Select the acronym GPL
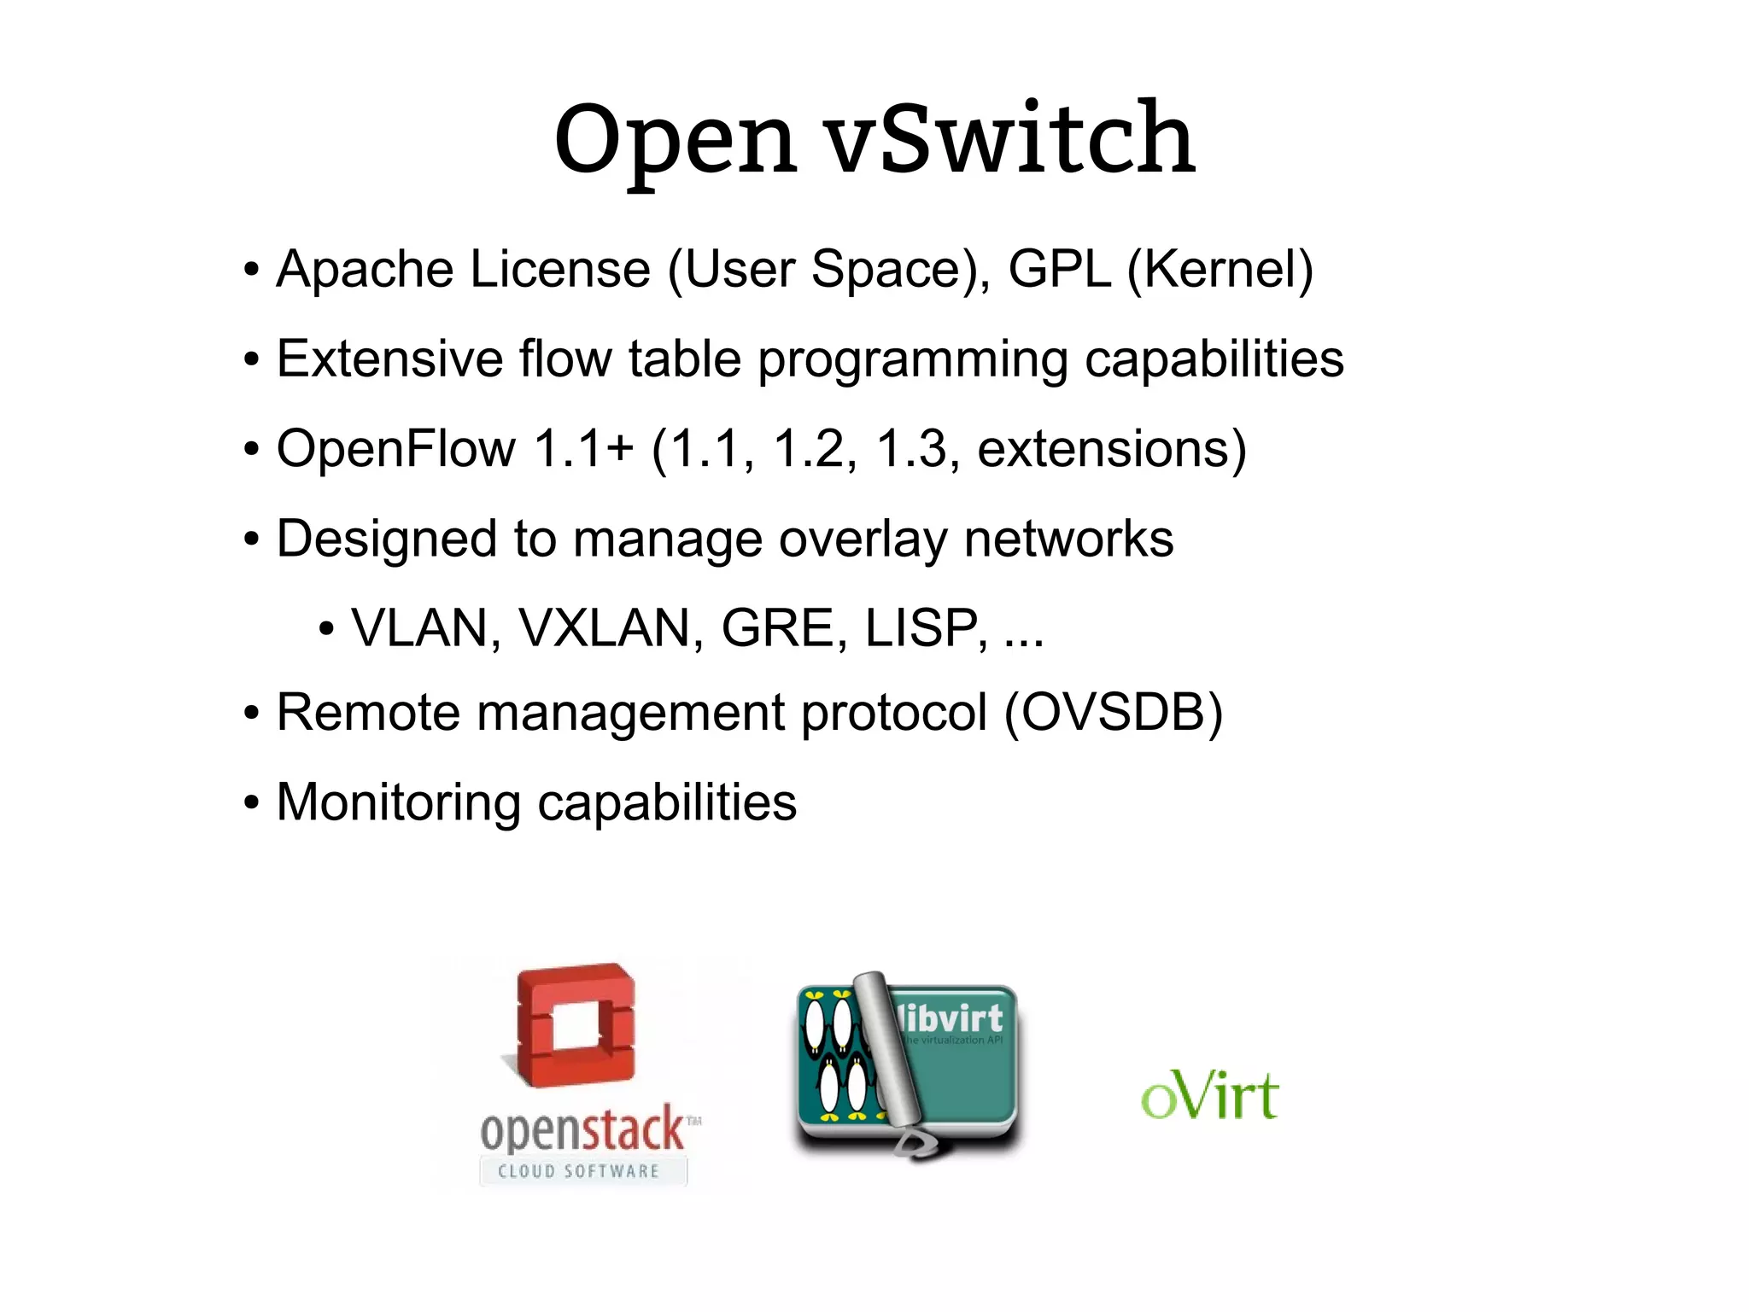(x=1059, y=270)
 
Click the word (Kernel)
(x=1220, y=270)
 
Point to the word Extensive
(x=389, y=359)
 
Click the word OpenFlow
(x=396, y=449)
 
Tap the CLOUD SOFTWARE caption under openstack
(x=579, y=1171)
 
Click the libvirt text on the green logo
(x=951, y=1018)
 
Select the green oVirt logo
(x=1209, y=1096)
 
